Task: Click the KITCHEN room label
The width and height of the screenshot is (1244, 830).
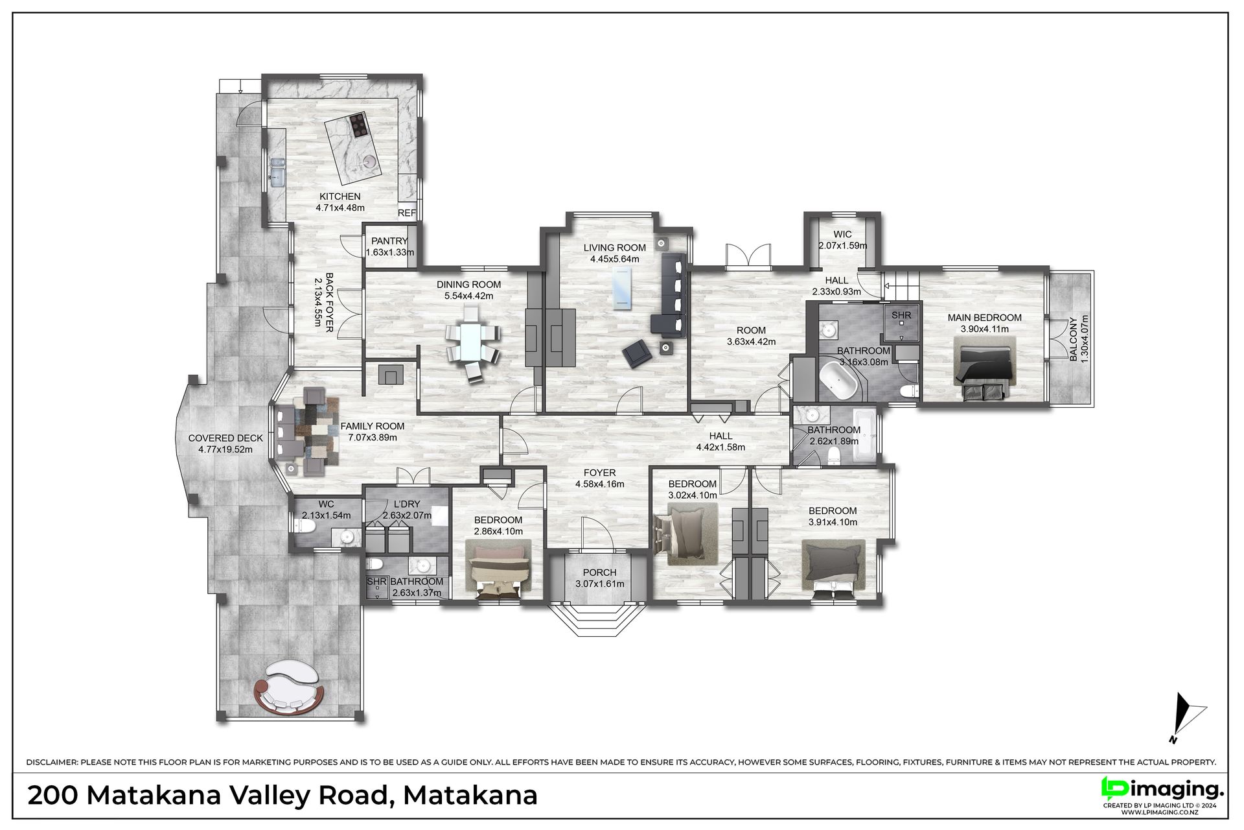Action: tap(340, 196)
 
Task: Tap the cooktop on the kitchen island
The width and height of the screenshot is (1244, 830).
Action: tap(358, 125)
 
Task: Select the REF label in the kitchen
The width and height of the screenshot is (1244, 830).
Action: tap(407, 213)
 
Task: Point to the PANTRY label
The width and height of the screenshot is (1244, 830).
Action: tap(389, 241)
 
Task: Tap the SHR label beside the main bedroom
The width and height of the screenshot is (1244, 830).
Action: tap(901, 316)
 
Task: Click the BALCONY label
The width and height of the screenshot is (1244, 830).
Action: tap(1074, 338)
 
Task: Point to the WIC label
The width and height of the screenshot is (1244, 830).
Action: tap(842, 235)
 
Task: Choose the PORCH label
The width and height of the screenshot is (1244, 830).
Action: tap(599, 573)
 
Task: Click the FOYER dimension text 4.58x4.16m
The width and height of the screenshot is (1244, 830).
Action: tap(599, 484)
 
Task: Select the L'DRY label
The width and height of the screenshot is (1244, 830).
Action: tap(407, 504)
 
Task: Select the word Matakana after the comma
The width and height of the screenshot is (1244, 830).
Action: tap(470, 795)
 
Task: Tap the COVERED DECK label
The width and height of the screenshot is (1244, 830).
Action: tap(225, 438)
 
